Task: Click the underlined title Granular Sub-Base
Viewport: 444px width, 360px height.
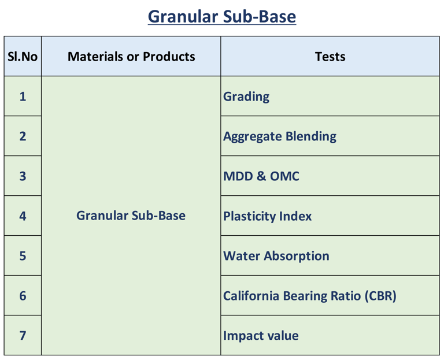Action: [x=222, y=17]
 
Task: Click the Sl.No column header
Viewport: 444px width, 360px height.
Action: [x=23, y=57]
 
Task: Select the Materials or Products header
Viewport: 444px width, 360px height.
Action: [x=131, y=57]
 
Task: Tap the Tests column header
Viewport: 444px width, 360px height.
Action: [x=330, y=57]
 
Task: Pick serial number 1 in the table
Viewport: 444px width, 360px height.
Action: [x=23, y=97]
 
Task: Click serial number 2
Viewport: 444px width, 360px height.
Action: [x=23, y=136]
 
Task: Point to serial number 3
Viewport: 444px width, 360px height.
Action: [x=23, y=176]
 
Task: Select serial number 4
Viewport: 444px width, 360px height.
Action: [x=23, y=216]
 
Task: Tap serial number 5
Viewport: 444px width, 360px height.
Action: [x=23, y=256]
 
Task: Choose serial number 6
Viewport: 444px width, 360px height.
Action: [x=23, y=296]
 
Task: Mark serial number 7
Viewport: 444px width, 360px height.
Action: [x=23, y=336]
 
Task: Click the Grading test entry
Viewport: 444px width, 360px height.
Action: [x=246, y=97]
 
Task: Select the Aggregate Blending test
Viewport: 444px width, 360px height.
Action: [x=280, y=137]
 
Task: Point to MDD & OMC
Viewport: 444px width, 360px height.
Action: [x=261, y=176]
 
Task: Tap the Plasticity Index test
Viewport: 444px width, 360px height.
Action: [x=267, y=217]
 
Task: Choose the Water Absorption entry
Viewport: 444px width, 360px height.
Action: [x=276, y=257]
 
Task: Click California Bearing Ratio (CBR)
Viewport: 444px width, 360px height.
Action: [x=310, y=296]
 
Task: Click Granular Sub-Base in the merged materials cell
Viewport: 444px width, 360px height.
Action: [x=131, y=216]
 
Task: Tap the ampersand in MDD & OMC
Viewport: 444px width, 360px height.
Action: [x=261, y=176]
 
